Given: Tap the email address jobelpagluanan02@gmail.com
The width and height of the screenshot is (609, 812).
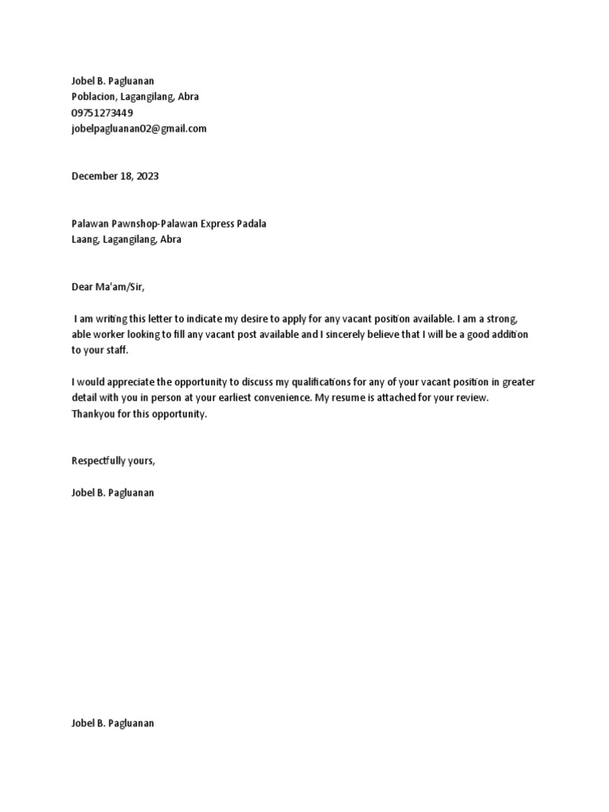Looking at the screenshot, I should click(139, 128).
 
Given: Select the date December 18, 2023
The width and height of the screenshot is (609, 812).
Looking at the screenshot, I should click(115, 176).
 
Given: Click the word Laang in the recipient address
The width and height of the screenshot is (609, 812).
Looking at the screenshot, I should click(85, 239).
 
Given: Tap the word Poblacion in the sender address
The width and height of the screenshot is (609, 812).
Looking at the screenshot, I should click(95, 97).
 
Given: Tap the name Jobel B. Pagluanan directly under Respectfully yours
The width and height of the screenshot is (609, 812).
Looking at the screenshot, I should click(113, 493).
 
